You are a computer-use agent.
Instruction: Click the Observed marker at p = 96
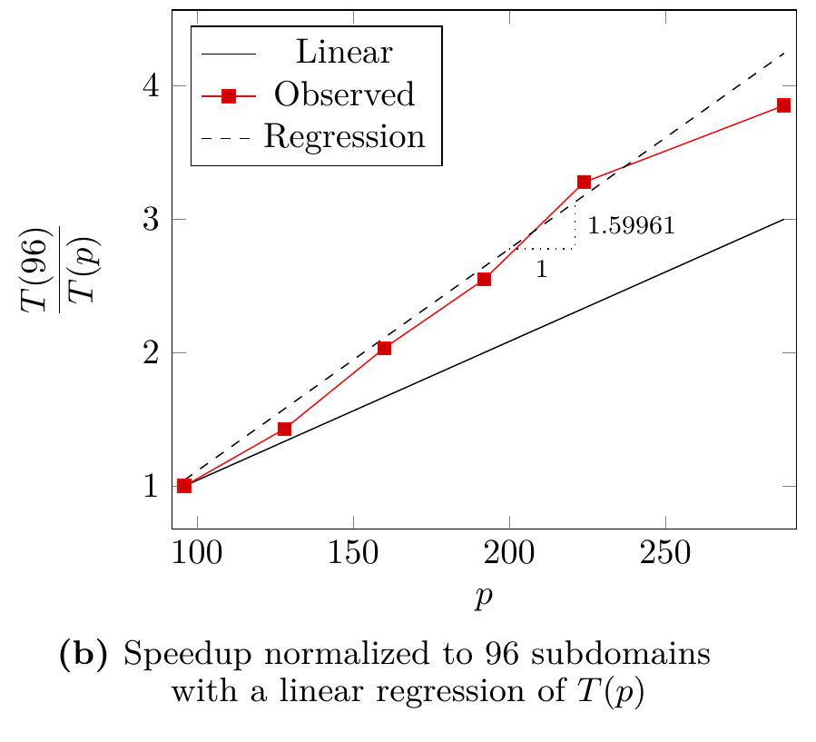coord(184,486)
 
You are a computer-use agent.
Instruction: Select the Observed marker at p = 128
coord(284,429)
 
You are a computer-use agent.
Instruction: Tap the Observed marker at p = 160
coord(384,348)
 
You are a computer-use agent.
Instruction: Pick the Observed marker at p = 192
coord(484,279)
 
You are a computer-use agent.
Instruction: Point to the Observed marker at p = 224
coord(584,182)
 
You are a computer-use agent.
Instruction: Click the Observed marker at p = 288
coord(783,105)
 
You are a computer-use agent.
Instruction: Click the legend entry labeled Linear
coord(344,53)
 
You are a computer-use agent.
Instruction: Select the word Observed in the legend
coord(345,94)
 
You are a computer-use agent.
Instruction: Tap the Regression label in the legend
coord(345,136)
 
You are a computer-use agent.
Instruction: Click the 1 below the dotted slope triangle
coord(541,270)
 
